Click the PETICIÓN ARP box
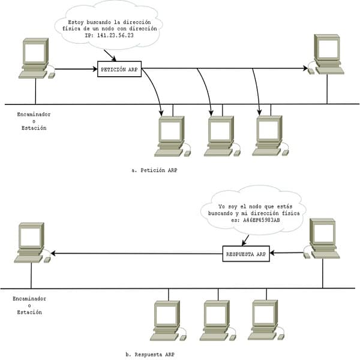click(x=119, y=69)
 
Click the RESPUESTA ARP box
click(x=246, y=254)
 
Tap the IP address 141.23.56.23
click(x=115, y=35)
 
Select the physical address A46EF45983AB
click(x=262, y=220)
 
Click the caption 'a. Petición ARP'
click(x=154, y=170)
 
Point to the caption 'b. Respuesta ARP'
click(x=150, y=355)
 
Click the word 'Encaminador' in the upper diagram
click(x=34, y=115)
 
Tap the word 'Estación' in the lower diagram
click(x=29, y=312)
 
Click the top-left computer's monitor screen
click(x=34, y=53)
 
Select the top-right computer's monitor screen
click(x=328, y=49)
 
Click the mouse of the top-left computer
click(x=52, y=76)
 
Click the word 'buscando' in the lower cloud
click(x=220, y=213)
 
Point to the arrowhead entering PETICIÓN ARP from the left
click(x=95, y=69)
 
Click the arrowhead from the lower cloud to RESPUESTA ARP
click(x=244, y=244)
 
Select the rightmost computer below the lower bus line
click(x=266, y=320)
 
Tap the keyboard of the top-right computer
click(x=329, y=70)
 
